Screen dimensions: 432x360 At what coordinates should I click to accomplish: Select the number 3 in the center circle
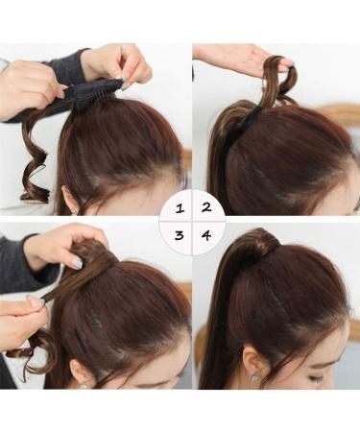click(x=178, y=234)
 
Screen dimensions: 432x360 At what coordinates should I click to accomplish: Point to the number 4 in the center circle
click(x=204, y=234)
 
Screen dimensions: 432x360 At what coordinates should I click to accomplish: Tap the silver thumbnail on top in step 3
click(x=75, y=262)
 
